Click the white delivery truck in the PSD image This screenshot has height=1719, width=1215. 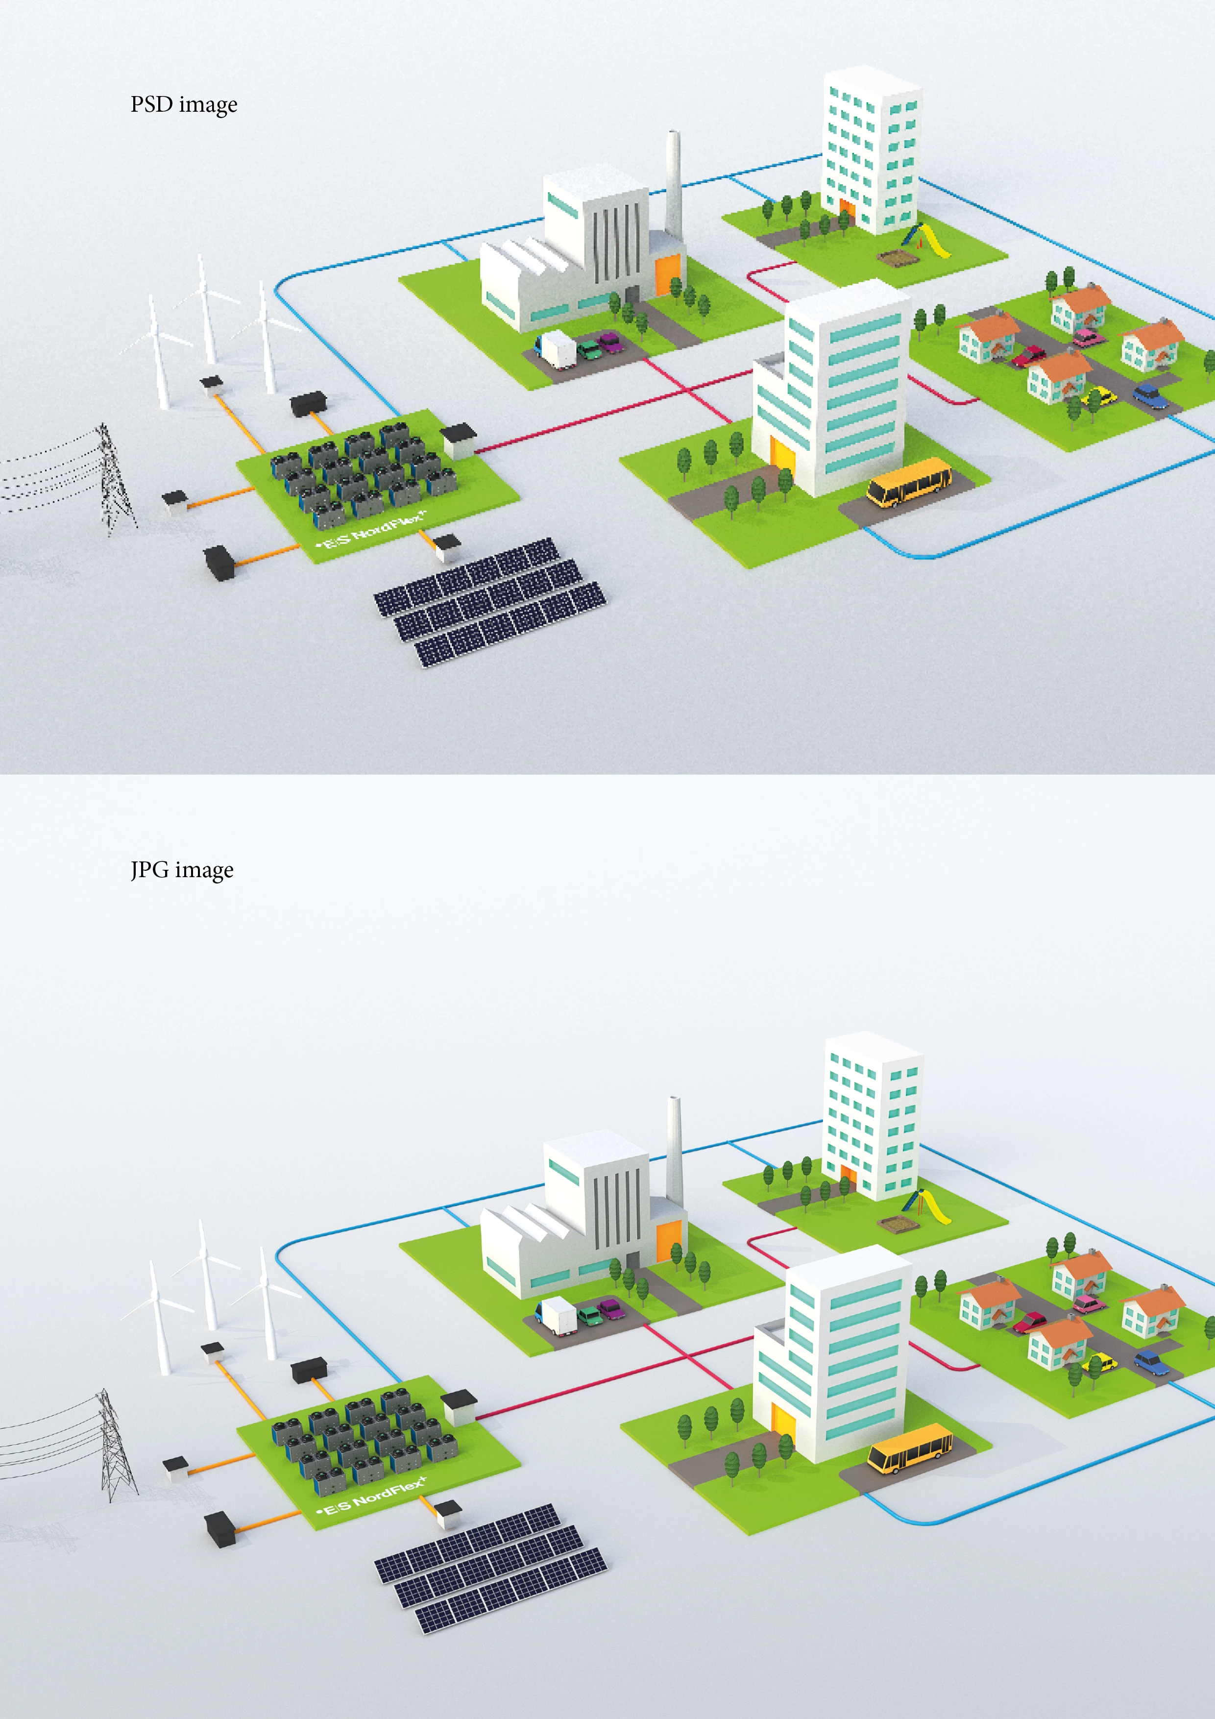point(556,350)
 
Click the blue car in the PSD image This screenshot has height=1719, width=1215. point(1150,396)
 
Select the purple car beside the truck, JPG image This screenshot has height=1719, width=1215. point(611,1309)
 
